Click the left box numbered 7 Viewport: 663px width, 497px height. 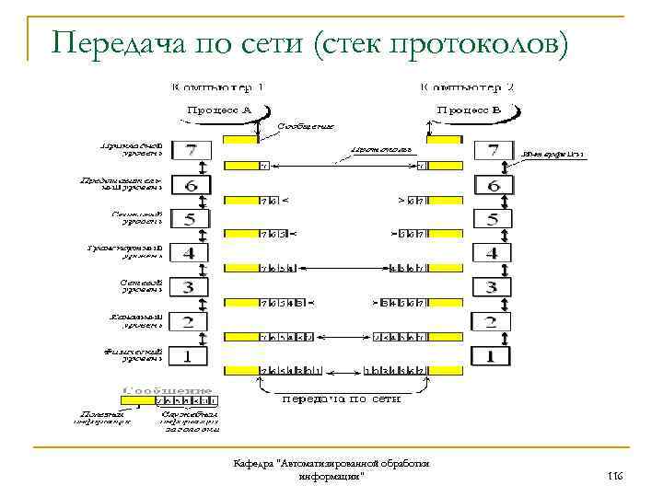point(191,151)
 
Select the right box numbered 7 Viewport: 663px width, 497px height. point(493,151)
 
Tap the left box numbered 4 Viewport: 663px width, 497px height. point(191,253)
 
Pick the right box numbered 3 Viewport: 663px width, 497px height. point(493,287)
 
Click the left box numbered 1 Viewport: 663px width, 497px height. point(191,354)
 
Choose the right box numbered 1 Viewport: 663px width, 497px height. point(493,354)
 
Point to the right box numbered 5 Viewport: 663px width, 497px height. point(493,219)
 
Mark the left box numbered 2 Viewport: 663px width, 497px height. point(191,321)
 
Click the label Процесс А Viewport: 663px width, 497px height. point(220,110)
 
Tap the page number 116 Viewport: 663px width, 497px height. point(615,475)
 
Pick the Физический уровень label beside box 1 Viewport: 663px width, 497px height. point(135,353)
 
